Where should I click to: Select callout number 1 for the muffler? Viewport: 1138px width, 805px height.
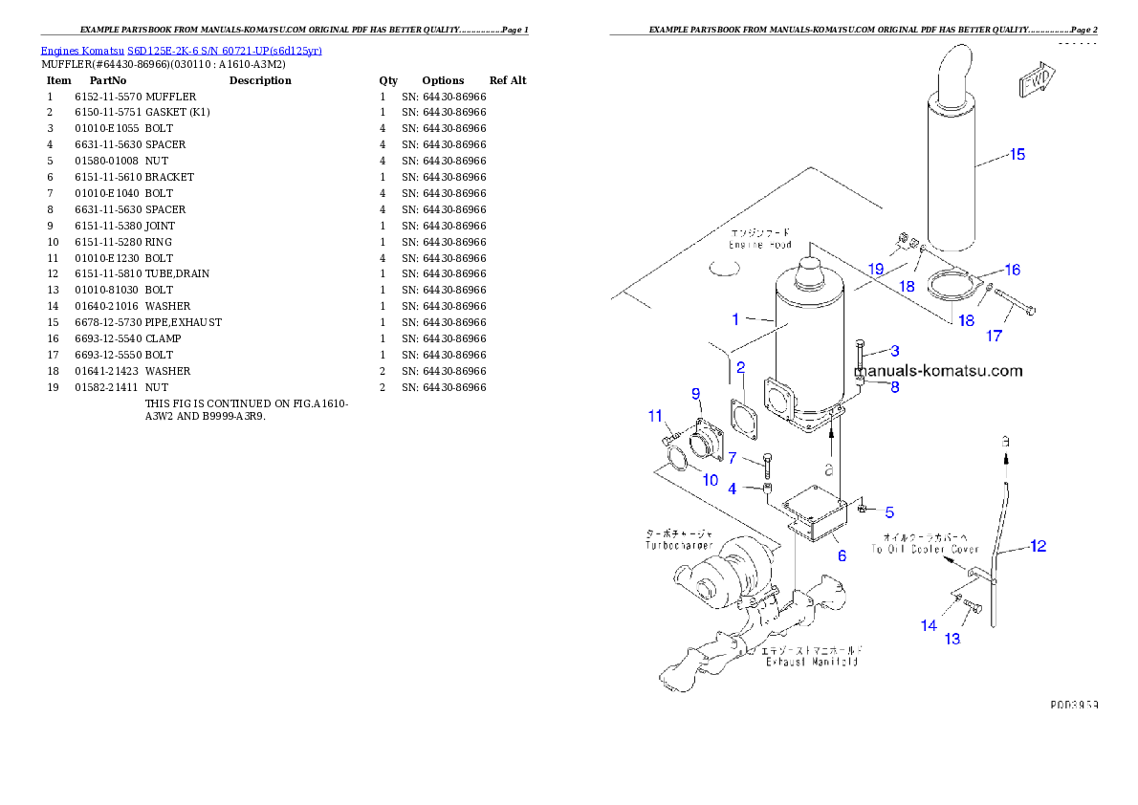pos(736,318)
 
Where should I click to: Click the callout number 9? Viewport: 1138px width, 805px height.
pos(696,393)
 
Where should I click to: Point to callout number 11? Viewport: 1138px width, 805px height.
pos(655,416)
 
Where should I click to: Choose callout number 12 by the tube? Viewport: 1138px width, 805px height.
pos(1039,547)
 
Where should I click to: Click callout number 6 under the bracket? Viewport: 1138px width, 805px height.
pos(842,555)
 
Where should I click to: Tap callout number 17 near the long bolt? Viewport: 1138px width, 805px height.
pos(995,336)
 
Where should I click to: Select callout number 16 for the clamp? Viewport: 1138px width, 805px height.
pos(1012,271)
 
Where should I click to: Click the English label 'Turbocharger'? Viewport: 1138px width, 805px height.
pos(679,545)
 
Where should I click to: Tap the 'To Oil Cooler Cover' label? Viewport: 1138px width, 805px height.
pos(925,550)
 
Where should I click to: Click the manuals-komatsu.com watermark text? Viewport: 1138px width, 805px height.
pos(939,371)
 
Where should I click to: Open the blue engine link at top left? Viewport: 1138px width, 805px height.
pos(181,50)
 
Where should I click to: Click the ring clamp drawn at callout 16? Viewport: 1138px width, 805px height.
pos(951,285)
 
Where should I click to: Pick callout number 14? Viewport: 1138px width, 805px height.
pos(929,625)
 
